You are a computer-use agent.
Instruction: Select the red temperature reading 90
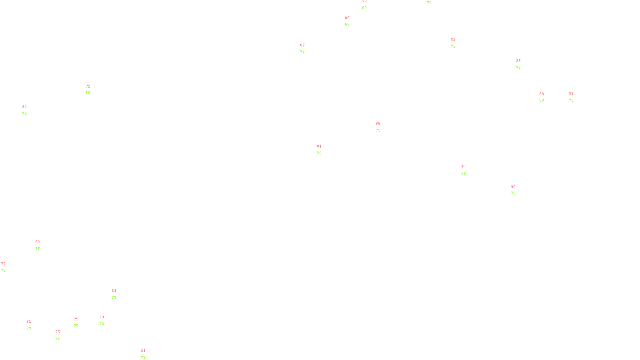(513, 187)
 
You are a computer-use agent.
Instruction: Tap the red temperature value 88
(542, 94)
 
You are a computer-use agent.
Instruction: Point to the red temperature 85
(571, 94)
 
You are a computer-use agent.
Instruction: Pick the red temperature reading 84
(464, 167)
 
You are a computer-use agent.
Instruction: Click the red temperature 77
(3, 264)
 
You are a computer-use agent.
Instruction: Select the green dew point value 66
(88, 93)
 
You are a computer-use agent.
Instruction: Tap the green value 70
(429, 3)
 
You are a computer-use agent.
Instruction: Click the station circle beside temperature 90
(517, 190)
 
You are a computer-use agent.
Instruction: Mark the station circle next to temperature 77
(7, 267)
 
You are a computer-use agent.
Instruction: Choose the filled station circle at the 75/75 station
(62, 335)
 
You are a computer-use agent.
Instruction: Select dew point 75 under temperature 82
(38, 249)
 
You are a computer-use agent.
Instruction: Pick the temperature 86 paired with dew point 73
(378, 124)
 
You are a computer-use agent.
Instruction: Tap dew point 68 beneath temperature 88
(542, 100)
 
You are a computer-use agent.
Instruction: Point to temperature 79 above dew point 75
(76, 319)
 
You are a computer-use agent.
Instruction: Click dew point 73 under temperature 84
(464, 174)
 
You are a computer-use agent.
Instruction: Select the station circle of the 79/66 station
(92, 90)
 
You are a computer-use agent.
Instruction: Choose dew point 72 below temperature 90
(513, 193)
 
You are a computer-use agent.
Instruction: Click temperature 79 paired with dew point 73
(102, 317)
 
